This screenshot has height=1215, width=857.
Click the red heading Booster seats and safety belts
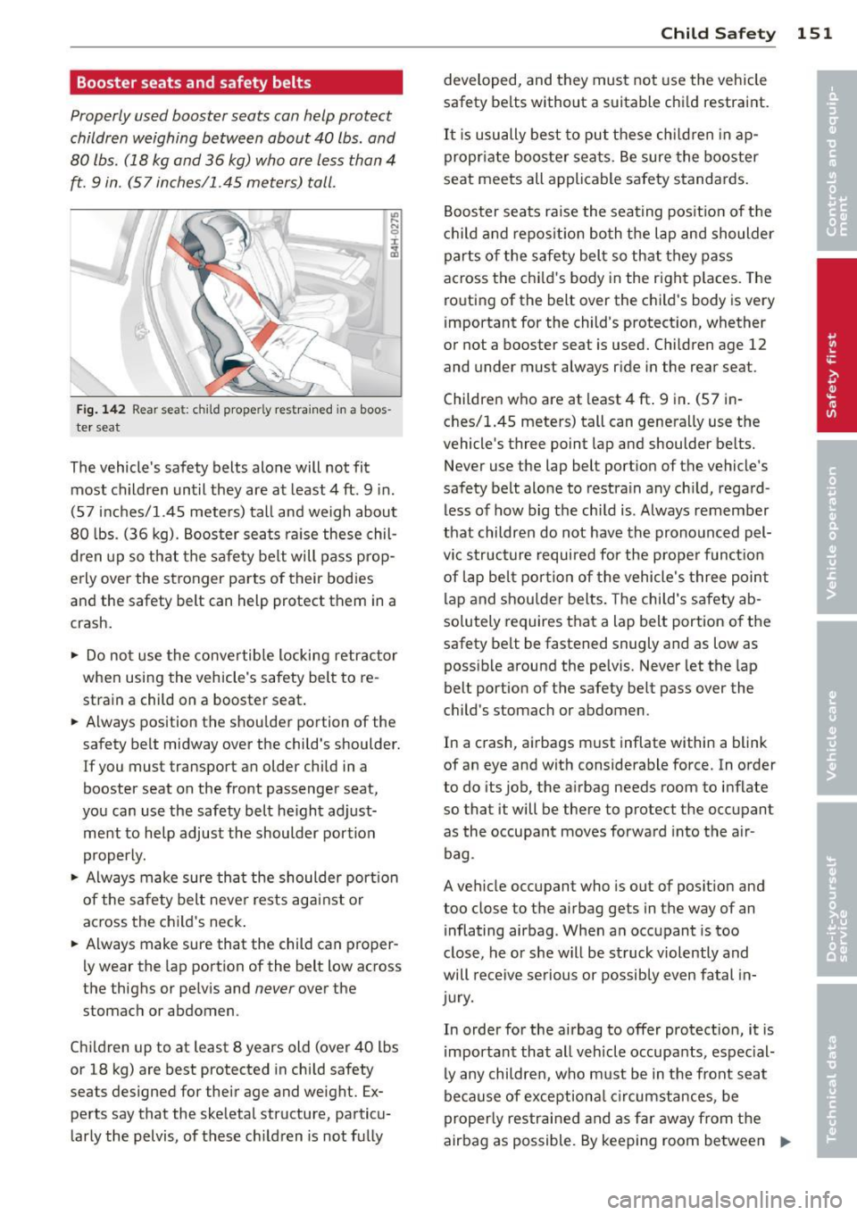pyautogui.click(x=194, y=83)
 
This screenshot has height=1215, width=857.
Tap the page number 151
pyautogui.click(x=814, y=33)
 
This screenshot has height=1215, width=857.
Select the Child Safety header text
pyautogui.click(x=718, y=33)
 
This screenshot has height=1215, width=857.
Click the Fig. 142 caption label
pyautogui.click(x=100, y=409)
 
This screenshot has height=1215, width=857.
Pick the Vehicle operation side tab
pyautogui.click(x=836, y=531)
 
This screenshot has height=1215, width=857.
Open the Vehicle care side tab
pyautogui.click(x=836, y=709)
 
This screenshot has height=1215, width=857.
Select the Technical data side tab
pyautogui.click(x=836, y=1068)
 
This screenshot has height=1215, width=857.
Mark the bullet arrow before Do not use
pyautogui.click(x=74, y=655)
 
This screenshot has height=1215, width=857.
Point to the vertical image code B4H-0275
pyautogui.click(x=394, y=234)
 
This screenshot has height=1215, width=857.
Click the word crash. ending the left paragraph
pyautogui.click(x=91, y=623)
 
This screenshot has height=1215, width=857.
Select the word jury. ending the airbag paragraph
pyautogui.click(x=459, y=997)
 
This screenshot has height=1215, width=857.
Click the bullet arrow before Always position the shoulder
pyautogui.click(x=74, y=722)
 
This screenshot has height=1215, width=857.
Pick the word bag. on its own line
pyautogui.click(x=459, y=853)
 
